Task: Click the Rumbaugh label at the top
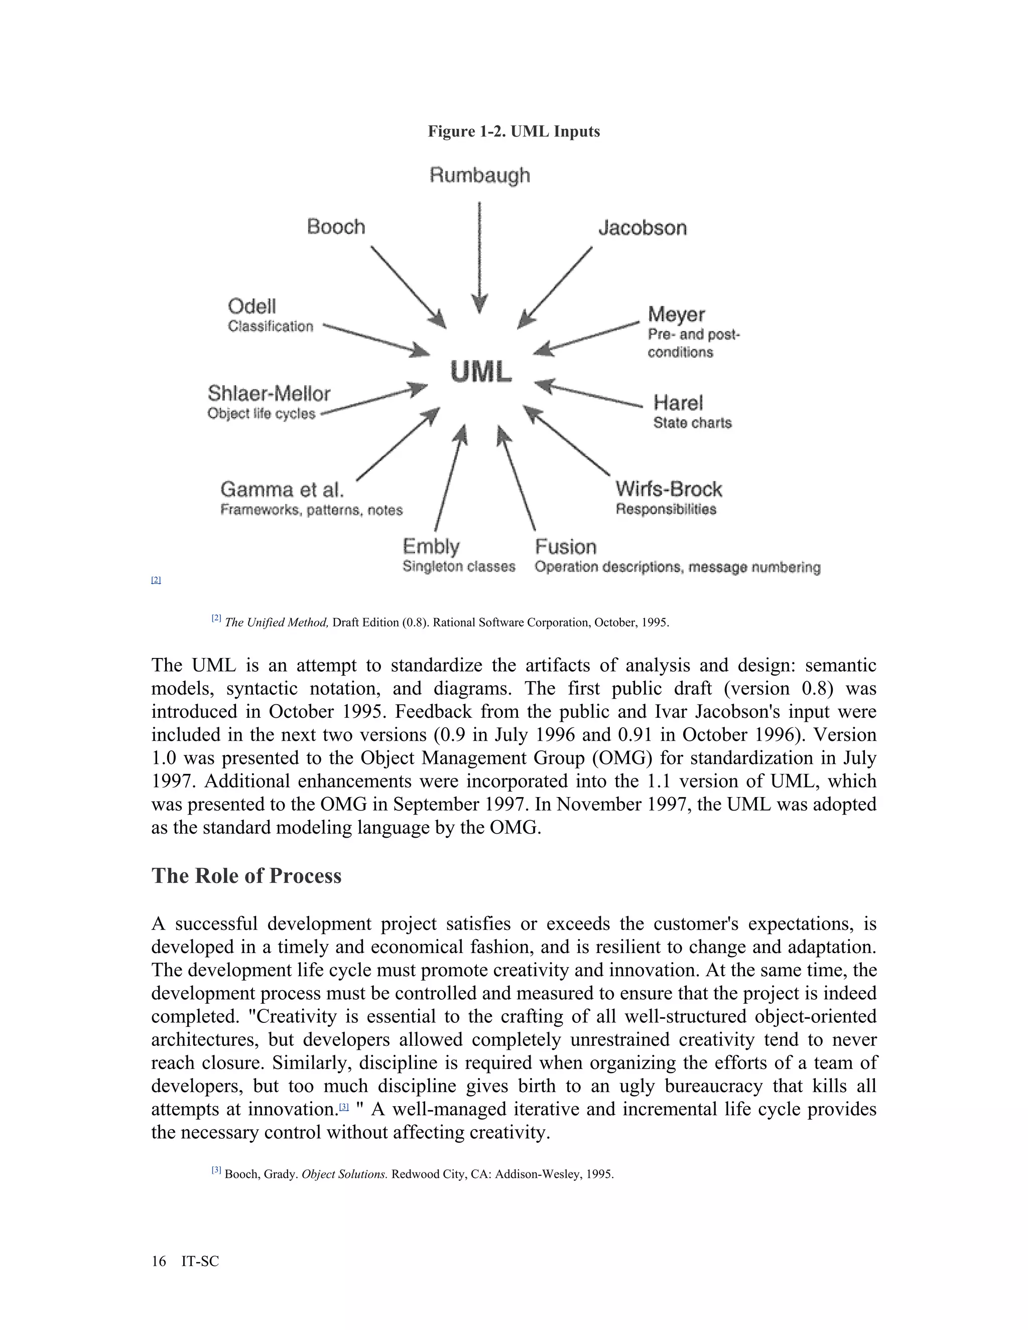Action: click(480, 175)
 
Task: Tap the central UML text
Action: click(481, 372)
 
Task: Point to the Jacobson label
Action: click(642, 228)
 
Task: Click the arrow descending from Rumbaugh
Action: click(480, 256)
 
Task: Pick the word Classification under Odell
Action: click(271, 326)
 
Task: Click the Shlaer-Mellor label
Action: click(269, 393)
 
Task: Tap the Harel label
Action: click(678, 403)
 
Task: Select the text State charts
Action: click(692, 423)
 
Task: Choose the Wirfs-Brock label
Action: click(668, 489)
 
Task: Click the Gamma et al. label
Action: click(282, 489)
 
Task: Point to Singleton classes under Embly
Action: click(459, 566)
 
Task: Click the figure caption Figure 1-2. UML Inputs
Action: click(513, 131)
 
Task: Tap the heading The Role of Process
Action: click(246, 876)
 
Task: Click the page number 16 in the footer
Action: click(158, 1261)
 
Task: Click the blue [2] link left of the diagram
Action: click(156, 580)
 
